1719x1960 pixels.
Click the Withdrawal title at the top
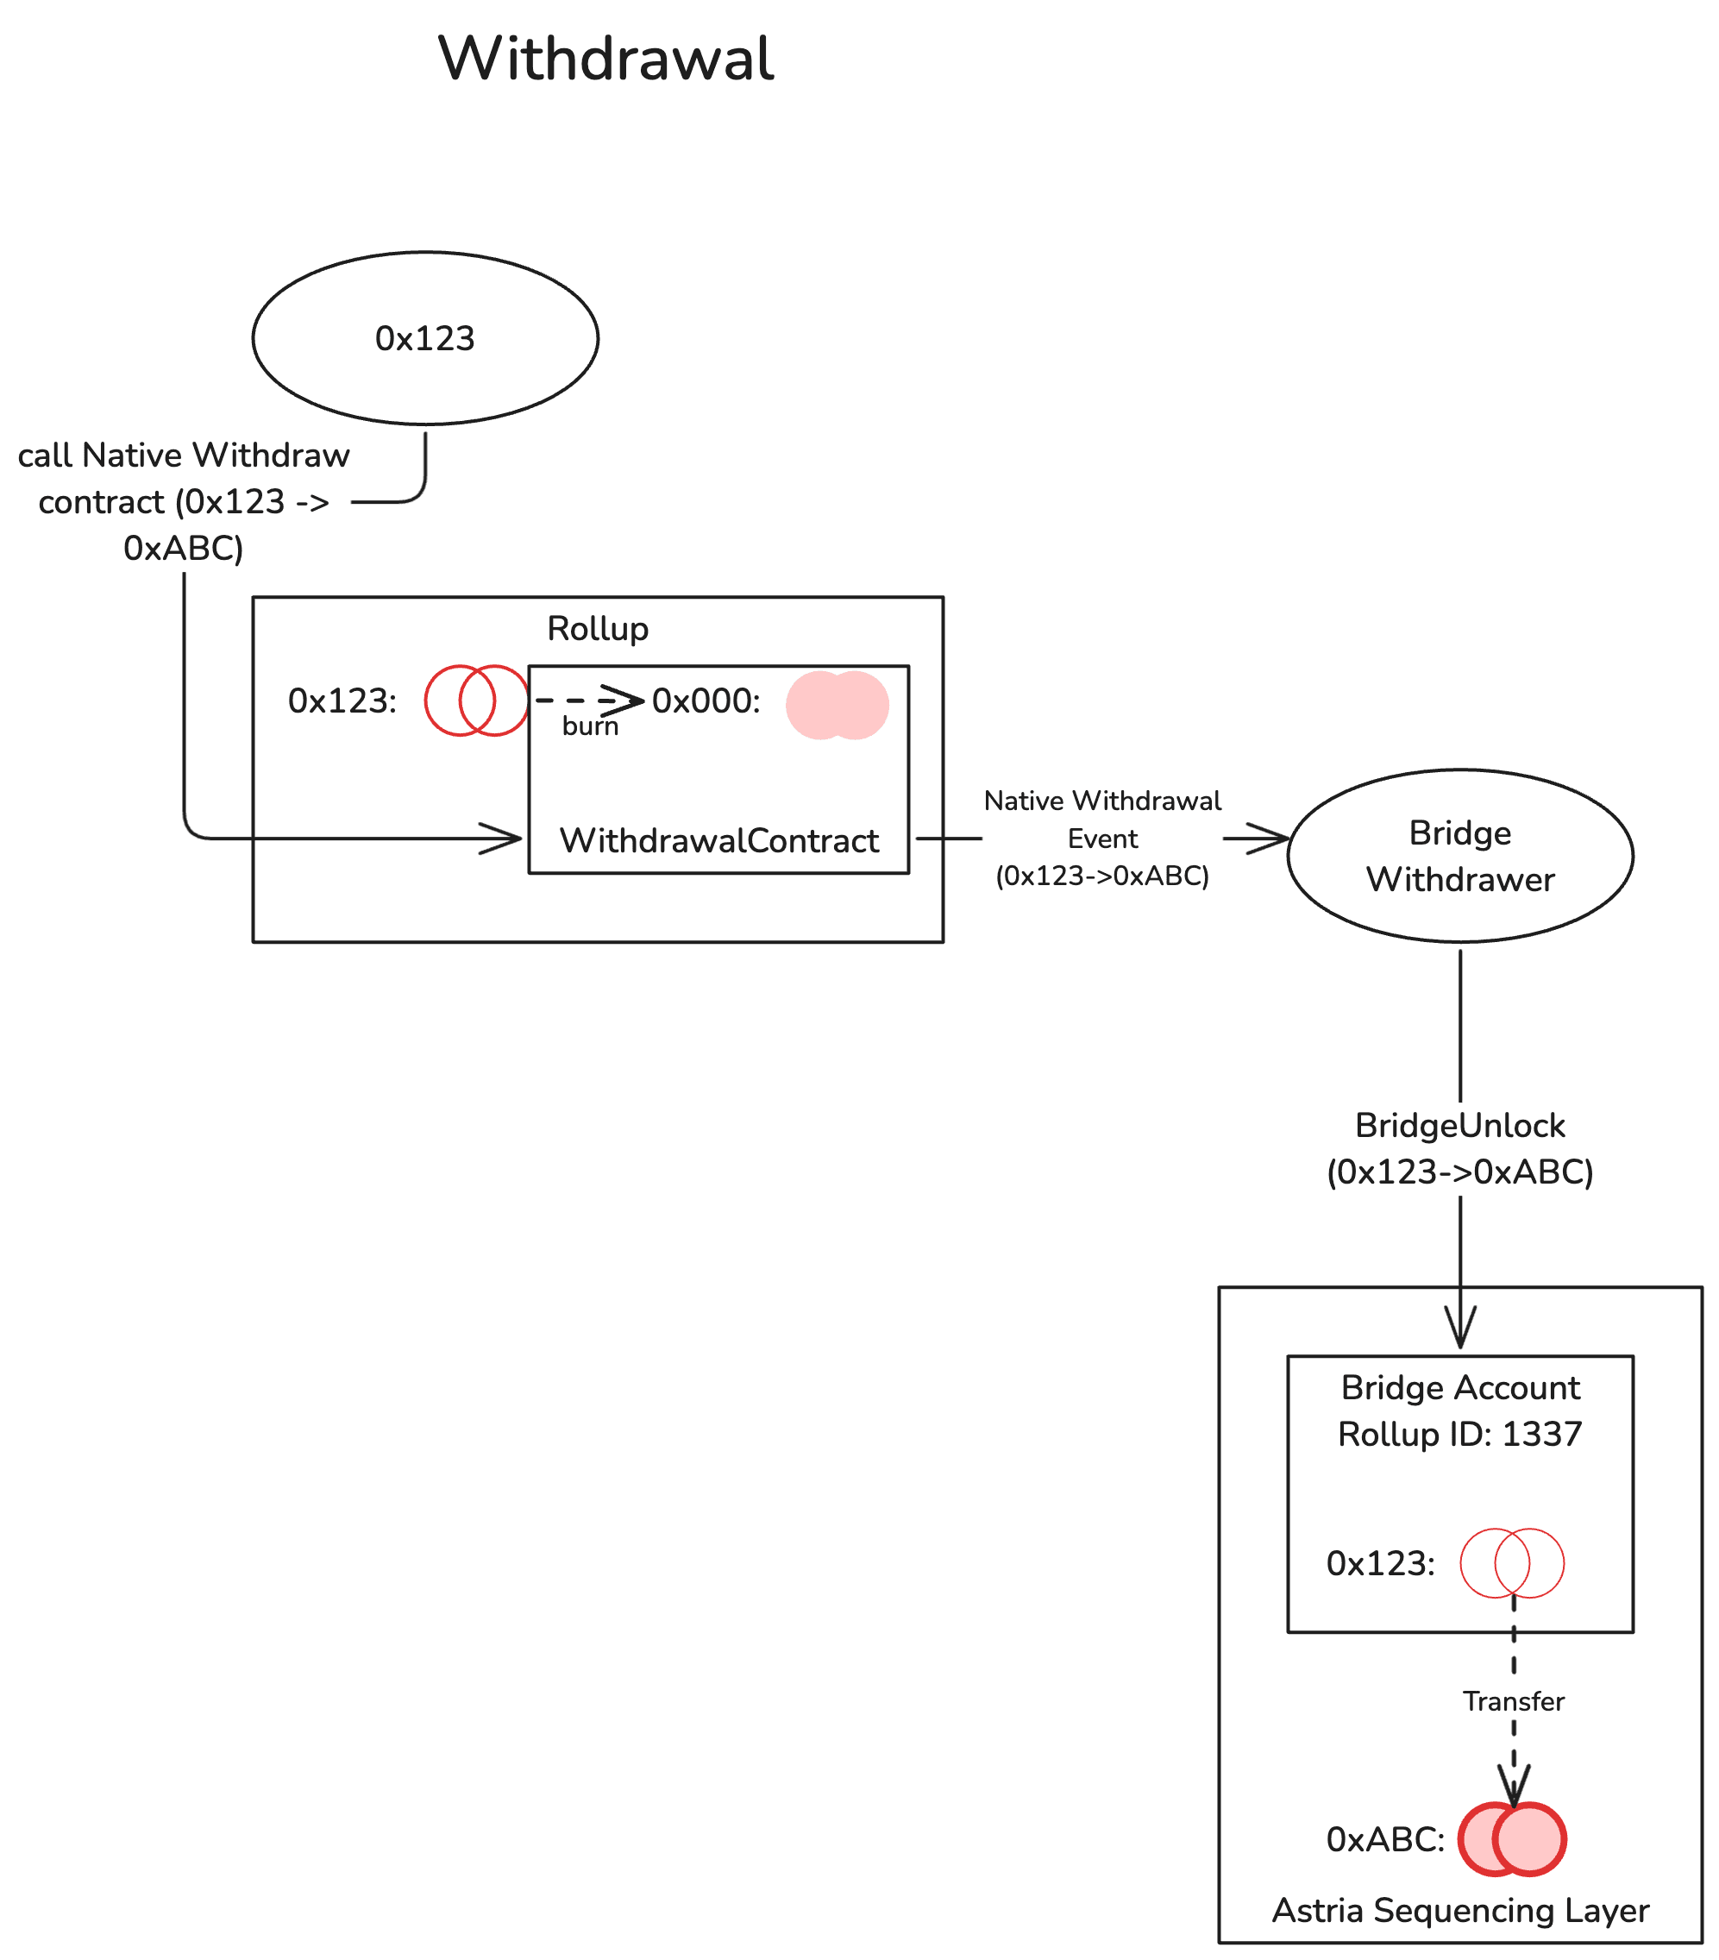point(605,59)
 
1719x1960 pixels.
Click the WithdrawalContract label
point(719,840)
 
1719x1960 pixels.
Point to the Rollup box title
point(597,628)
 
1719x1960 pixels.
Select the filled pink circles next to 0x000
point(837,705)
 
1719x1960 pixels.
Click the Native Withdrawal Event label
point(1102,838)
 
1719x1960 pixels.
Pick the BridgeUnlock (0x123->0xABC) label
point(1459,1148)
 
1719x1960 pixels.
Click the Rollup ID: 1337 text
point(1459,1434)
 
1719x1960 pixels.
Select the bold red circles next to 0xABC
point(1512,1839)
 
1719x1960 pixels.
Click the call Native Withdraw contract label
point(183,500)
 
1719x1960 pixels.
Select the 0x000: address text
point(706,701)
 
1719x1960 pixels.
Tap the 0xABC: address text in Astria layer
point(1384,1839)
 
